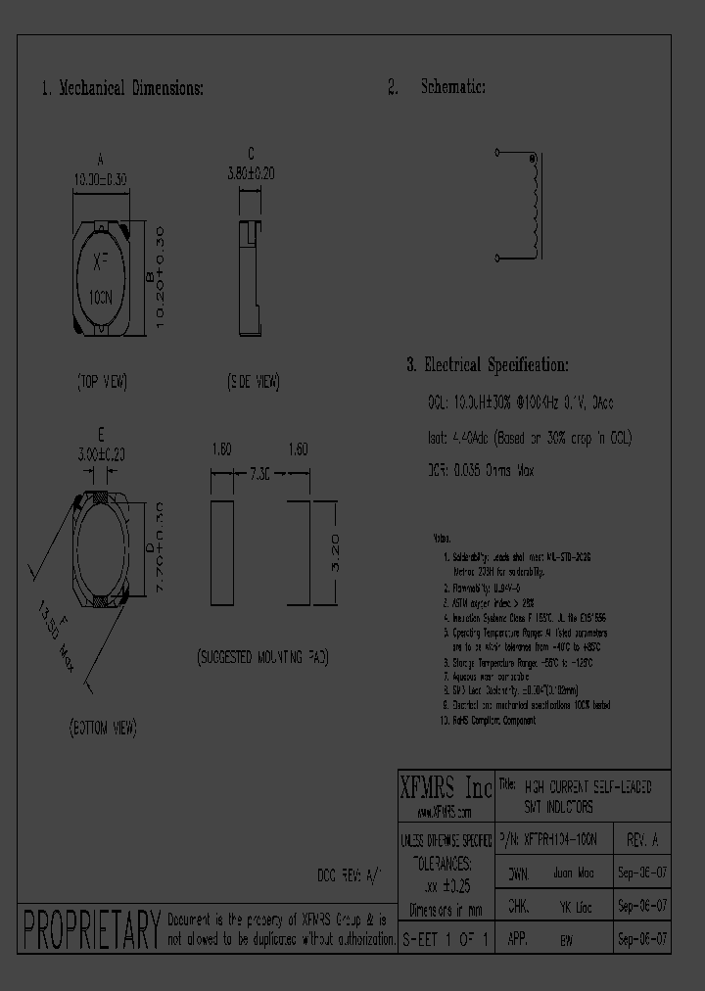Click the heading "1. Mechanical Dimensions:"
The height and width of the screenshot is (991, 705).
[x=122, y=88]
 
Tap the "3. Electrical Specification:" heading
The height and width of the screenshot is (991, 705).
[x=487, y=365]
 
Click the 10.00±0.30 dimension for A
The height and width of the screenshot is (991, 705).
[x=102, y=179]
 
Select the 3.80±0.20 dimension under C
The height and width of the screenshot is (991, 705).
[x=251, y=171]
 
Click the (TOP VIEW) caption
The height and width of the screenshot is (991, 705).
[x=102, y=382]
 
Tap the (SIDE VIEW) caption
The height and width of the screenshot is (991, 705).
[x=253, y=382]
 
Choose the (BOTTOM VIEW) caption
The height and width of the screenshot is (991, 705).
[x=102, y=728]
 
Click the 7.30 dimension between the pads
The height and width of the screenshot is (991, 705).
[x=259, y=474]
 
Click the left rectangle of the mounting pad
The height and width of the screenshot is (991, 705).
[x=223, y=555]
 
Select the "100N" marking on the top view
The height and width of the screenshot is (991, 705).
[x=102, y=295]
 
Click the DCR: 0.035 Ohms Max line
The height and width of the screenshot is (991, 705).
[x=481, y=471]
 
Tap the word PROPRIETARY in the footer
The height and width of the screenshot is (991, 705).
[x=90, y=930]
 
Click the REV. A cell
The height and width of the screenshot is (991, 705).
[x=642, y=840]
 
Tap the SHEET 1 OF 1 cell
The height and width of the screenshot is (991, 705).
[x=446, y=938]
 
